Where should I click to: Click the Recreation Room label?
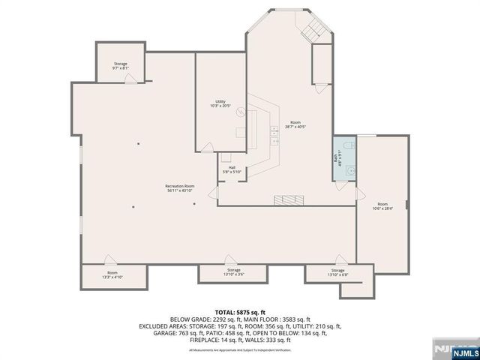pos(180,188)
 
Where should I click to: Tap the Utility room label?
pos(220,103)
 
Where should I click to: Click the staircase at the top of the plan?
pos(314,30)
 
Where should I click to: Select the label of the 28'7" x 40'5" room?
pos(295,124)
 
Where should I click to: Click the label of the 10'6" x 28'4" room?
pos(382,206)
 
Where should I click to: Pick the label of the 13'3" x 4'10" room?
pos(112,274)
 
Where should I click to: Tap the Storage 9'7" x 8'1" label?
pos(121,66)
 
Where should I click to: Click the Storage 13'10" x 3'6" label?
pos(234,271)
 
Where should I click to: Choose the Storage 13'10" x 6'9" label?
pos(337,271)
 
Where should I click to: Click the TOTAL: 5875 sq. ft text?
pos(240,311)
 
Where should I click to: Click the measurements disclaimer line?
pos(240,349)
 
